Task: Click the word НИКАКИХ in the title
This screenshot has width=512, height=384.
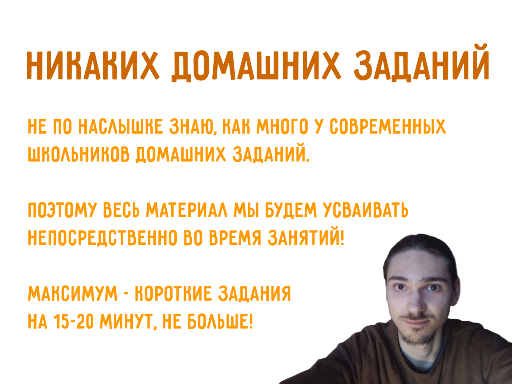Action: pos(92,65)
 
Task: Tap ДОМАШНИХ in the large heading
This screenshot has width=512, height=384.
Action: pos(256,65)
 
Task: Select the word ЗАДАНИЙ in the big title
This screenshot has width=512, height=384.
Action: pos(422,65)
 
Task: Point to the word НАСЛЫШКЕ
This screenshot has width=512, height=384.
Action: pos(120,127)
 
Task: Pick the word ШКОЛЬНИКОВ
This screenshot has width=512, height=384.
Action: pos(78,154)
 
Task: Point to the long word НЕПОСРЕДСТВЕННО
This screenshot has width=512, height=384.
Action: pos(102,238)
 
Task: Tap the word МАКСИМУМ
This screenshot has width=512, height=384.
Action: pos(72,294)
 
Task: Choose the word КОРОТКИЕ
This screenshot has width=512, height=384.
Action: pos(173,294)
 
